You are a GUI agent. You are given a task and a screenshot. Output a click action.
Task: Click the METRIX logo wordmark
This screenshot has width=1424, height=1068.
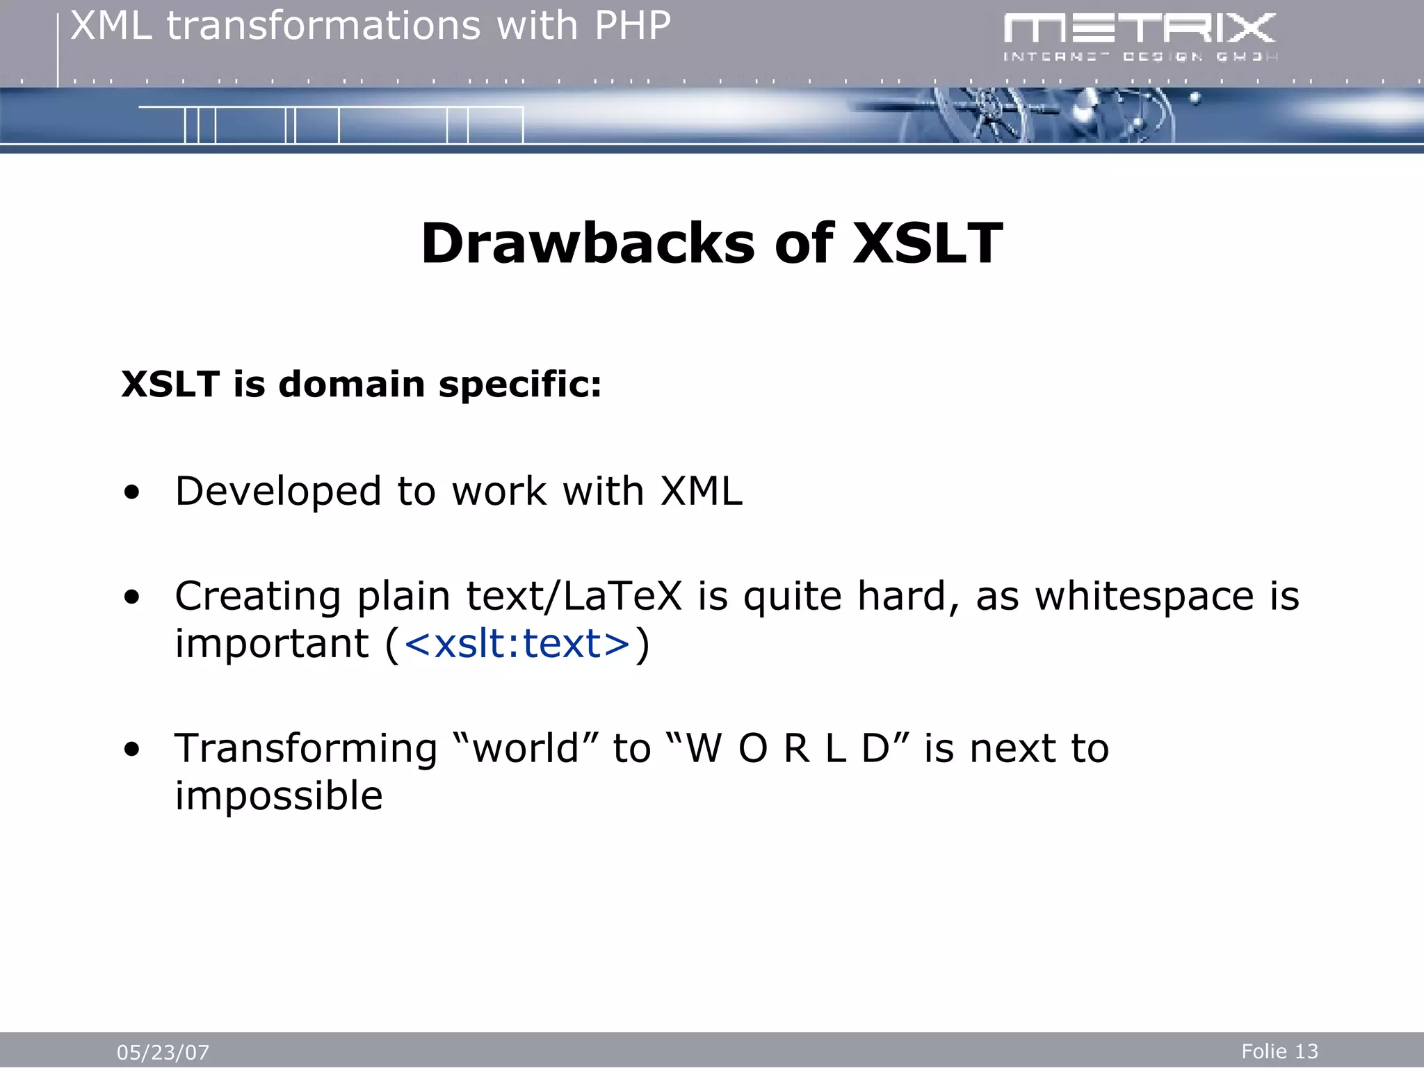[x=1139, y=29]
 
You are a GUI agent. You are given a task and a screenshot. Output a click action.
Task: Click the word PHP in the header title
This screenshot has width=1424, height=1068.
[x=632, y=26]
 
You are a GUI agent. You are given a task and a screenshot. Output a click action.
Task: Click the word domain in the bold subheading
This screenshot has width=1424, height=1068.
[x=351, y=384]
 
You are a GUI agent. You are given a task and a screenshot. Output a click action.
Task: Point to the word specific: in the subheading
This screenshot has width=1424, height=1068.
[x=519, y=384]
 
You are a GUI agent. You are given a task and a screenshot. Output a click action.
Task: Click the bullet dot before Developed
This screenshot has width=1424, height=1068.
[x=132, y=493]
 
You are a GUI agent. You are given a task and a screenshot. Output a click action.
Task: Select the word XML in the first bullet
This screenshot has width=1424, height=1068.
[x=701, y=491]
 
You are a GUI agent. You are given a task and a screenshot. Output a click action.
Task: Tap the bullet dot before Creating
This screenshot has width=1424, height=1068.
[x=132, y=597]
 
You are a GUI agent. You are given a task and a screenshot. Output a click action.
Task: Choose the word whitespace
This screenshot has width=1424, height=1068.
[x=1144, y=596]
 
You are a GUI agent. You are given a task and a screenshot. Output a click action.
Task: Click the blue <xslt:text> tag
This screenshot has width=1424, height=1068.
[x=517, y=643]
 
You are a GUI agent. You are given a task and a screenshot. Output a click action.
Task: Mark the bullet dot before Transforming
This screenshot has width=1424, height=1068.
[x=132, y=750]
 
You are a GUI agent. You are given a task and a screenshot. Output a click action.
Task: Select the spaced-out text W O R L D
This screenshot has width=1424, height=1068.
[x=788, y=749]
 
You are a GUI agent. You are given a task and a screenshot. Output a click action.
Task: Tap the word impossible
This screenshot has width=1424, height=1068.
[x=279, y=796]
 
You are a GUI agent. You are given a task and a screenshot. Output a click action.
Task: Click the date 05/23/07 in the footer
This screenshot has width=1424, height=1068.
[x=163, y=1052]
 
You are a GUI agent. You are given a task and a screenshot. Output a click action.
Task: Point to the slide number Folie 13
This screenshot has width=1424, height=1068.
[x=1279, y=1051]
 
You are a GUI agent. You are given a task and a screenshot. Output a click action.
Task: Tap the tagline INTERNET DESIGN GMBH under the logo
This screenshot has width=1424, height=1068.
[x=1139, y=57]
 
